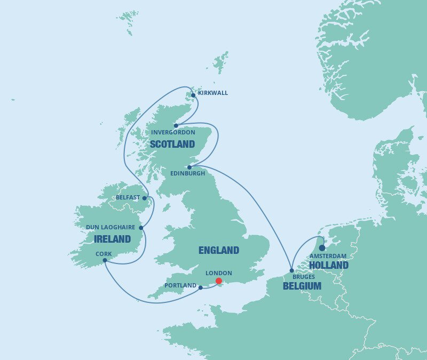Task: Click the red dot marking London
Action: point(218,281)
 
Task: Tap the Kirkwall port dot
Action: point(193,95)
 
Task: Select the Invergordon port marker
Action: point(176,126)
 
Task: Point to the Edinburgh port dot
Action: point(189,167)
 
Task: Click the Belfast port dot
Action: point(144,198)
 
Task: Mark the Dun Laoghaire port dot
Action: point(141,228)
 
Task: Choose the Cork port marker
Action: point(105,260)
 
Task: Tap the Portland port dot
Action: point(200,287)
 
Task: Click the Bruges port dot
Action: point(291,270)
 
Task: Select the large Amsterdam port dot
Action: point(322,247)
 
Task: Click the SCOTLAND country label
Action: point(172,144)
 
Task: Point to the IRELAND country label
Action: point(112,239)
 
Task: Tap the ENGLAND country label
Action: point(218,250)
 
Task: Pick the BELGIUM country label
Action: point(302,286)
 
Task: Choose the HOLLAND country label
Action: point(329,265)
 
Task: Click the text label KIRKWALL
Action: point(213,93)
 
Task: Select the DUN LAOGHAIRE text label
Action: point(111,227)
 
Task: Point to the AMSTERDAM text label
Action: point(329,257)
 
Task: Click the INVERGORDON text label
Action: point(173,132)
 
